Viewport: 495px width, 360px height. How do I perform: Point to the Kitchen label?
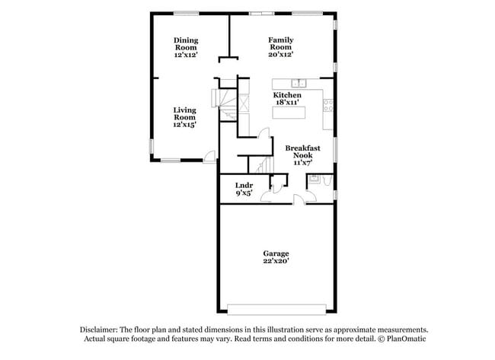click(x=287, y=95)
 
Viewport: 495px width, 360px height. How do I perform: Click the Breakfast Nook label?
click(x=299, y=151)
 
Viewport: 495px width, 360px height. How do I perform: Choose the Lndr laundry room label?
click(x=244, y=185)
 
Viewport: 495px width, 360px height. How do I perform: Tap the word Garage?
click(x=276, y=253)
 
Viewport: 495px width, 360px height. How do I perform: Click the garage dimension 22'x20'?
click(x=276, y=261)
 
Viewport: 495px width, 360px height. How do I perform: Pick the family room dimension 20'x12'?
click(x=281, y=55)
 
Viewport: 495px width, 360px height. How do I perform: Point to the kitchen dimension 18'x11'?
click(x=287, y=103)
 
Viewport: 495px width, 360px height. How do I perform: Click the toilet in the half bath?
click(x=326, y=180)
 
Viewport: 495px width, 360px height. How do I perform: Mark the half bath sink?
click(x=312, y=180)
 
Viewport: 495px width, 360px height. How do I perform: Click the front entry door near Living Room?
click(x=208, y=158)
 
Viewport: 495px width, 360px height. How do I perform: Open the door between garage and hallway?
click(x=300, y=199)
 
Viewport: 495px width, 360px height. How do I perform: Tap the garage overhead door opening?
click(x=276, y=310)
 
